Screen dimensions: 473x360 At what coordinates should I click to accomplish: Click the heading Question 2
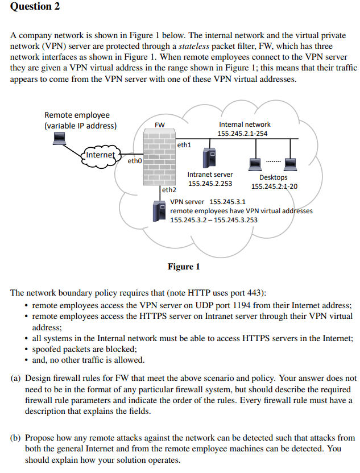pos(35,7)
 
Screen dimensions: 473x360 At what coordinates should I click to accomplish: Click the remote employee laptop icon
pos(58,138)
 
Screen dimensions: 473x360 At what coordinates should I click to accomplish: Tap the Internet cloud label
pos(101,154)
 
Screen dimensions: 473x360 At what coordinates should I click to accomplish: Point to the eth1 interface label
pos(184,146)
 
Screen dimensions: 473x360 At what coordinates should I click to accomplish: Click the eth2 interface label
pos(169,190)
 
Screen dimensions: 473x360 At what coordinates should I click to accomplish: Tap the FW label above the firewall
pos(160,125)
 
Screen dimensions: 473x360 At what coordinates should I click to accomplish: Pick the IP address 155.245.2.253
pos(210,184)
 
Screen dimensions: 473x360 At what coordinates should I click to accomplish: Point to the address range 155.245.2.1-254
pos(243,133)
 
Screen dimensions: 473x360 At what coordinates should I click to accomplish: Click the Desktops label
pos(274,177)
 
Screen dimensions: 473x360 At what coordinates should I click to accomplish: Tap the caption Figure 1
pos(184,267)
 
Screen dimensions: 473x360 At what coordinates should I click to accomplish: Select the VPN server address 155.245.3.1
pos(227,201)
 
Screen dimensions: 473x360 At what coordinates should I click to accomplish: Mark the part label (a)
pos(17,377)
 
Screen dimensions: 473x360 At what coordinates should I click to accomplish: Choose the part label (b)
pos(17,438)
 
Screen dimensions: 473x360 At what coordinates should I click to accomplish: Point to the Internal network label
pos(245,124)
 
